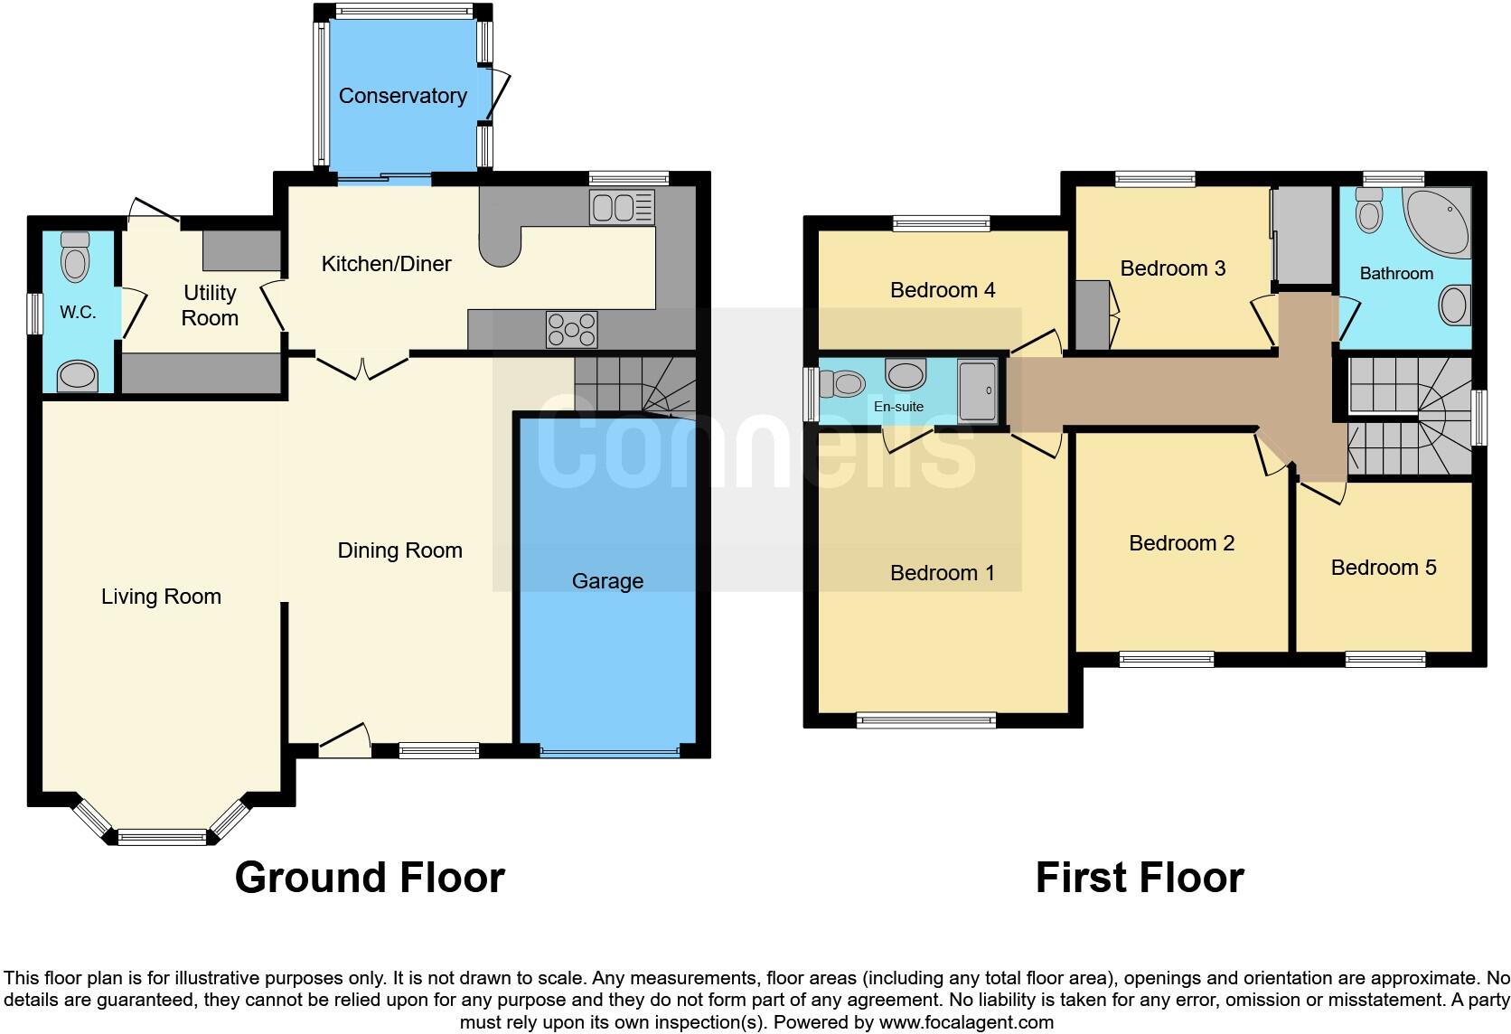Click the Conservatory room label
tap(402, 96)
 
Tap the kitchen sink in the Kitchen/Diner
tap(621, 207)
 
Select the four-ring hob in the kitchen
tap(571, 329)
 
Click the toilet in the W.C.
tap(75, 258)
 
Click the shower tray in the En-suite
tap(977, 390)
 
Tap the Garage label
tap(607, 581)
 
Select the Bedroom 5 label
tap(1383, 568)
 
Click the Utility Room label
tap(210, 305)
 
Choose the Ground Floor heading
tap(370, 878)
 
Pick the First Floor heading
tap(1139, 878)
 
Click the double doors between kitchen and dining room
tap(361, 367)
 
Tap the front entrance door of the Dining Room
tap(344, 739)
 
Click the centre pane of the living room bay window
tap(163, 837)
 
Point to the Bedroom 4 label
tap(942, 290)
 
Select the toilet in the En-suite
tap(843, 384)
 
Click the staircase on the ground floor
tap(634, 385)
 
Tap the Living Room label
tap(161, 597)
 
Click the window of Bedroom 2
tap(1166, 660)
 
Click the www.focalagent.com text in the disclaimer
tap(965, 1023)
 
